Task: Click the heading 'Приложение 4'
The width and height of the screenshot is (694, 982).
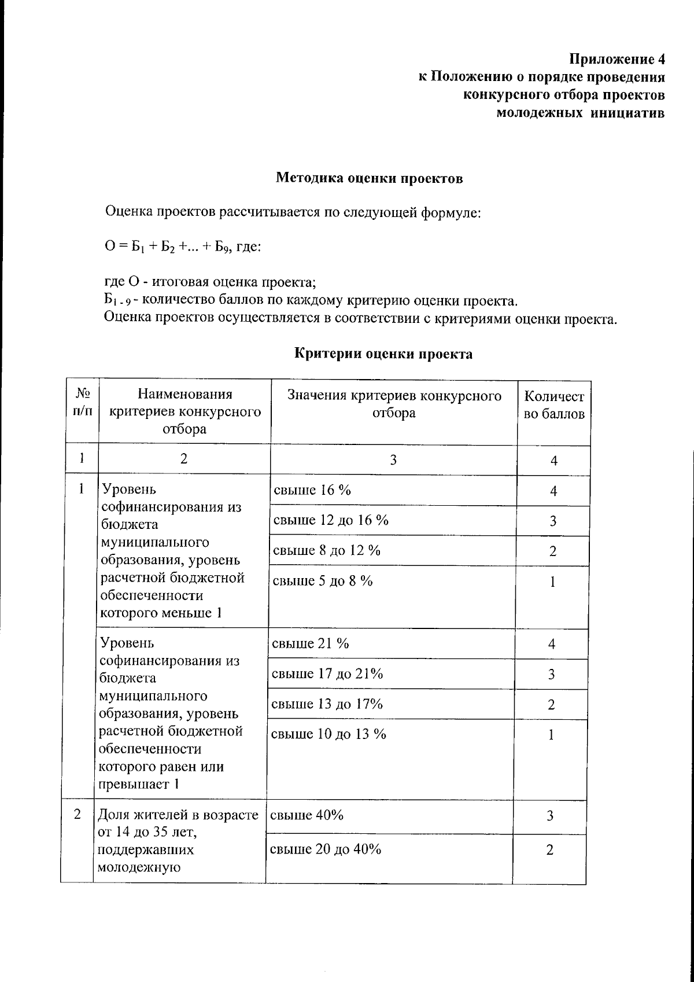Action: pyautogui.click(x=617, y=60)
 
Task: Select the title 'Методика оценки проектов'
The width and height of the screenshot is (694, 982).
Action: pyautogui.click(x=369, y=178)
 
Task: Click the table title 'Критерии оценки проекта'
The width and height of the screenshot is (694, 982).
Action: pyautogui.click(x=384, y=354)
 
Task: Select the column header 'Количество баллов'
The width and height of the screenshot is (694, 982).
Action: pyautogui.click(x=553, y=405)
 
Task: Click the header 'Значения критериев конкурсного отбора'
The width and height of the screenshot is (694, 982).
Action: pyautogui.click(x=394, y=404)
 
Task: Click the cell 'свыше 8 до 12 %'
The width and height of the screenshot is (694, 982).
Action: pyautogui.click(x=327, y=550)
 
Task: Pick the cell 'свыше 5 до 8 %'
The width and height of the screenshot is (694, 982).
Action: pyautogui.click(x=323, y=581)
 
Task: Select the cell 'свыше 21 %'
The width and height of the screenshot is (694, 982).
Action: pyautogui.click(x=311, y=643)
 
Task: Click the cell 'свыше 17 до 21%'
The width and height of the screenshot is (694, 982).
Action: pyautogui.click(x=327, y=674)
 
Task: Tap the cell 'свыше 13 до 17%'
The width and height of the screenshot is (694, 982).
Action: pyautogui.click(x=327, y=704)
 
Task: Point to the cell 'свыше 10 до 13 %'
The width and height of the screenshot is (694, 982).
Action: pyautogui.click(x=328, y=734)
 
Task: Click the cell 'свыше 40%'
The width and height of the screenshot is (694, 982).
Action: pyautogui.click(x=307, y=815)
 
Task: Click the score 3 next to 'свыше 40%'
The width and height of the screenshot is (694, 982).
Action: pyautogui.click(x=550, y=816)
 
